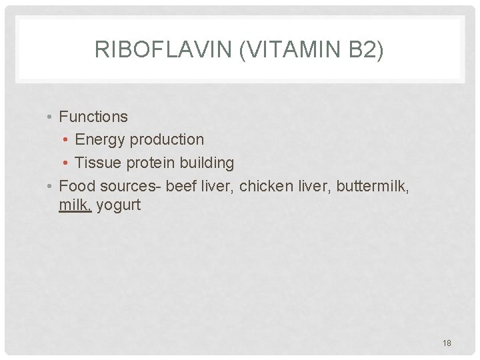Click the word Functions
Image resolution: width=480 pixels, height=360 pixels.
(x=93, y=117)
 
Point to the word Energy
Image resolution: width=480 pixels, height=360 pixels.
(x=100, y=139)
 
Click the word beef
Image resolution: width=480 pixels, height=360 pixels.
(x=179, y=186)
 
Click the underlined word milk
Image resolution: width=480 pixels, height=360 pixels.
(x=75, y=205)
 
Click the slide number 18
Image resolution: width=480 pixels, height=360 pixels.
(x=447, y=343)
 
